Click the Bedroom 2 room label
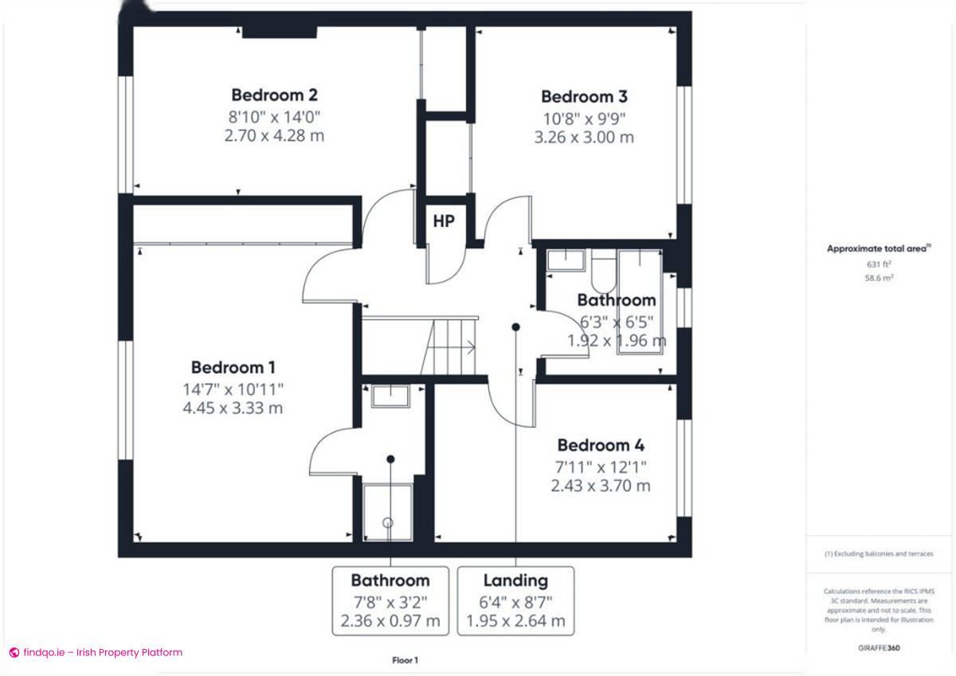(x=274, y=96)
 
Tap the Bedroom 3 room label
(x=584, y=97)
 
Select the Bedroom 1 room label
(x=233, y=368)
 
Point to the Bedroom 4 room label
(x=601, y=445)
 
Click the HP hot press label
(x=444, y=221)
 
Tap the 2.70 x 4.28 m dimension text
(x=274, y=135)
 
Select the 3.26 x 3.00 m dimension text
(x=584, y=137)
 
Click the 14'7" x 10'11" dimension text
(x=233, y=389)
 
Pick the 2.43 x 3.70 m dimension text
(x=601, y=485)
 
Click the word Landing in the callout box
(x=515, y=580)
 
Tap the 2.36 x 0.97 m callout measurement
(x=390, y=621)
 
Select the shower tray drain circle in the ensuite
(x=388, y=523)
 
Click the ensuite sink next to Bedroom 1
(x=390, y=396)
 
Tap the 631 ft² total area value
(x=879, y=264)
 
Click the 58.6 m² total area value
(x=879, y=277)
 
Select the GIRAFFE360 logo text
(x=879, y=648)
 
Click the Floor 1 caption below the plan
(x=405, y=660)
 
